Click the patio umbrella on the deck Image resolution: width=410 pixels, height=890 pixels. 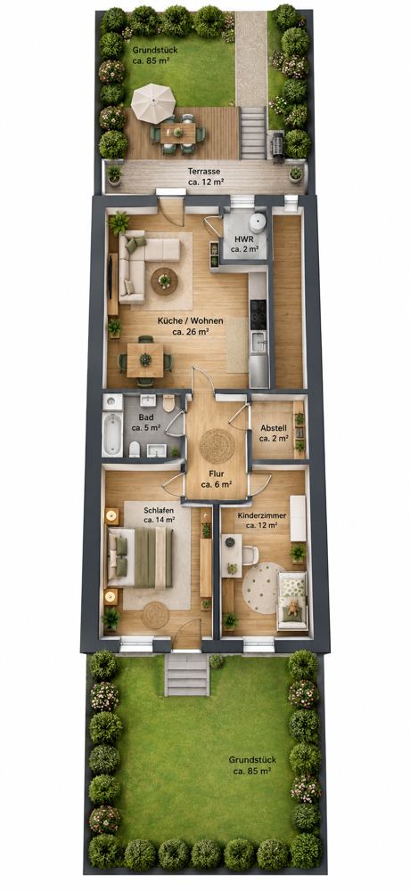pyautogui.click(x=153, y=103)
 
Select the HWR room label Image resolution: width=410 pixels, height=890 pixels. pyautogui.click(x=244, y=244)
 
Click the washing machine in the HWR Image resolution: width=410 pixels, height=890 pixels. pyautogui.click(x=258, y=222)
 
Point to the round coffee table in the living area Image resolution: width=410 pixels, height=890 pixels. pyautogui.click(x=164, y=281)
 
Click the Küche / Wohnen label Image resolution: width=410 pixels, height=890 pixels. pyautogui.click(x=190, y=326)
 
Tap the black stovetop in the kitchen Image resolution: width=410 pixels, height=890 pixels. pyautogui.click(x=258, y=313)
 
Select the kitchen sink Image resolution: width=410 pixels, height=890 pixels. pyautogui.click(x=258, y=342)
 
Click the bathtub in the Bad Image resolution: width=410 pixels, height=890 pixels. pyautogui.click(x=112, y=433)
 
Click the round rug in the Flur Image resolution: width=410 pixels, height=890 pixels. pyautogui.click(x=217, y=446)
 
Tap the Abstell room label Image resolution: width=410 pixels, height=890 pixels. pyautogui.click(x=274, y=433)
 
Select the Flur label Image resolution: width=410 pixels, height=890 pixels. pyautogui.click(x=216, y=479)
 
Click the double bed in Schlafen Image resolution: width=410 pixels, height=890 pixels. pyautogui.click(x=141, y=557)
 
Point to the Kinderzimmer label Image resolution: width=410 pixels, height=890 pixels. pyautogui.click(x=261, y=521)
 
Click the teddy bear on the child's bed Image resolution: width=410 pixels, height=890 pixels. pyautogui.click(x=293, y=607)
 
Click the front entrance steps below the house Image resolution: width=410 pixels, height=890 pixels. pyautogui.click(x=187, y=675)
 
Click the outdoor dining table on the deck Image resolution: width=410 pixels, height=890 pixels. pyautogui.click(x=178, y=133)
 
